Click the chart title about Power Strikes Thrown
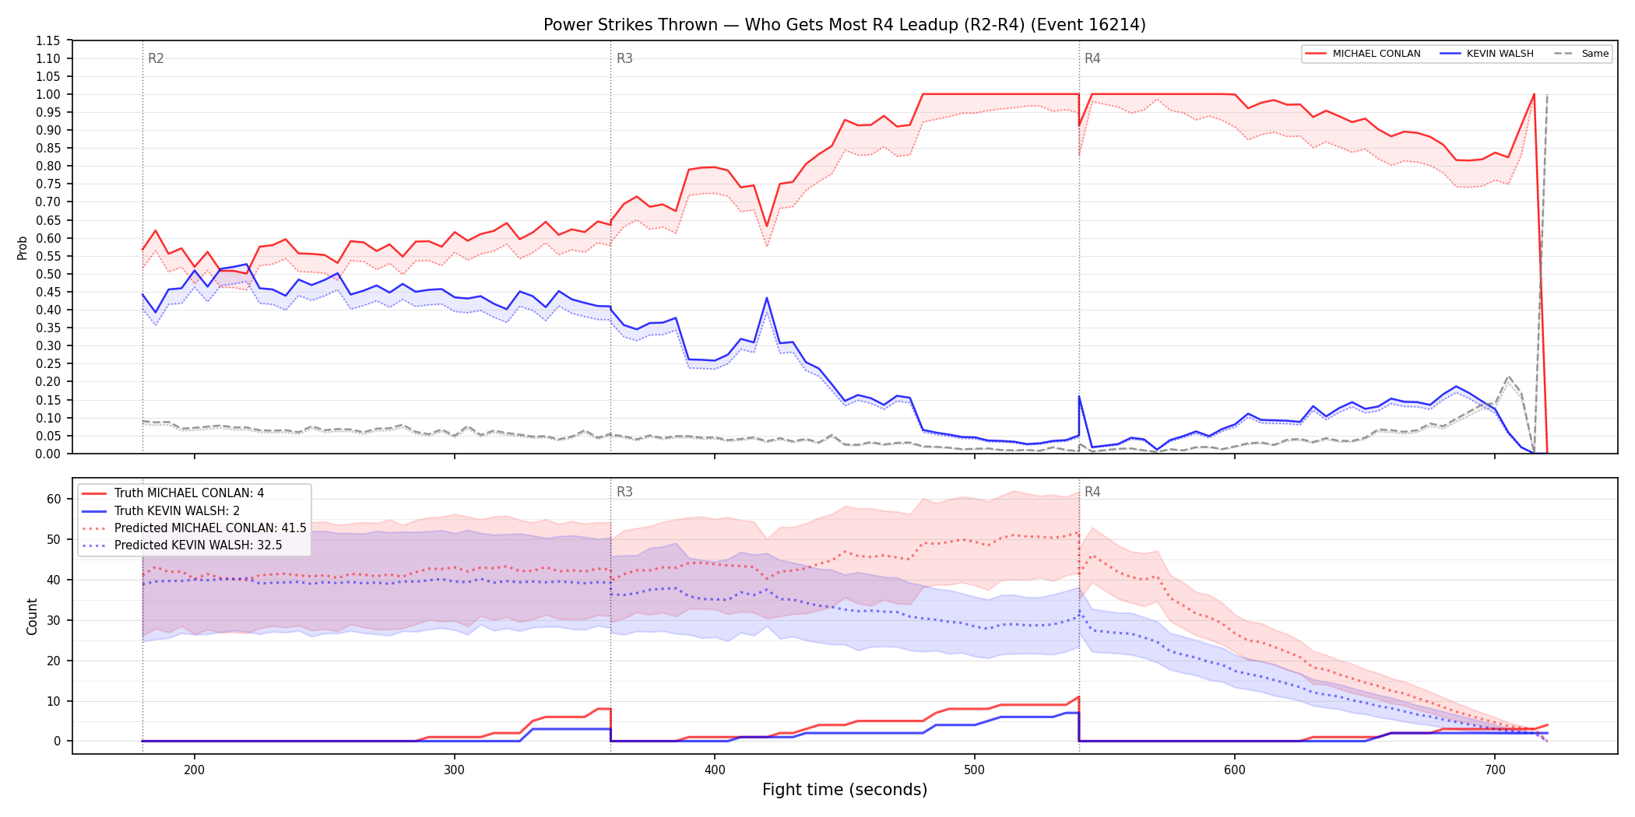[x=844, y=25]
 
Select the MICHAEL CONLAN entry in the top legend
[x=1363, y=54]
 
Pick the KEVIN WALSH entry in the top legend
[x=1487, y=54]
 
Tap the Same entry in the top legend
[x=1581, y=54]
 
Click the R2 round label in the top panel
[x=156, y=58]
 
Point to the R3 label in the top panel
[x=624, y=58]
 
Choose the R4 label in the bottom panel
[x=1092, y=492]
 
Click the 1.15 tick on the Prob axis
[x=48, y=40]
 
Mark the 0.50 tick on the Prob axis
[x=48, y=274]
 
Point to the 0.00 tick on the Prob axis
[x=48, y=454]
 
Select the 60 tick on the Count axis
[x=54, y=499]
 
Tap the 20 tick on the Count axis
[x=54, y=661]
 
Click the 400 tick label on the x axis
[x=714, y=770]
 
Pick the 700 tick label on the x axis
[x=1495, y=770]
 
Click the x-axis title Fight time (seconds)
[x=845, y=790]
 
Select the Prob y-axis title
[x=23, y=247]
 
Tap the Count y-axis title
[x=32, y=616]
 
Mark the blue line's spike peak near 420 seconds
[x=767, y=297]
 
